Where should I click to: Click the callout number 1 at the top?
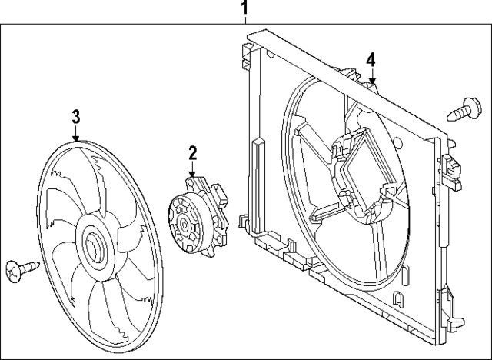coord(245,9)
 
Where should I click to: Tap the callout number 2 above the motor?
coord(193,153)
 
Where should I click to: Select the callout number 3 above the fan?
coord(76,116)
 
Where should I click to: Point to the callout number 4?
coord(371,59)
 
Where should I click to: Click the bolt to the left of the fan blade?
coord(22,268)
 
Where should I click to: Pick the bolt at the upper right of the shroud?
coord(463,108)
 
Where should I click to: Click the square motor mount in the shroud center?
coord(361,177)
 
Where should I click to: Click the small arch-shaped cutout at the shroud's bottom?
coord(398,299)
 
